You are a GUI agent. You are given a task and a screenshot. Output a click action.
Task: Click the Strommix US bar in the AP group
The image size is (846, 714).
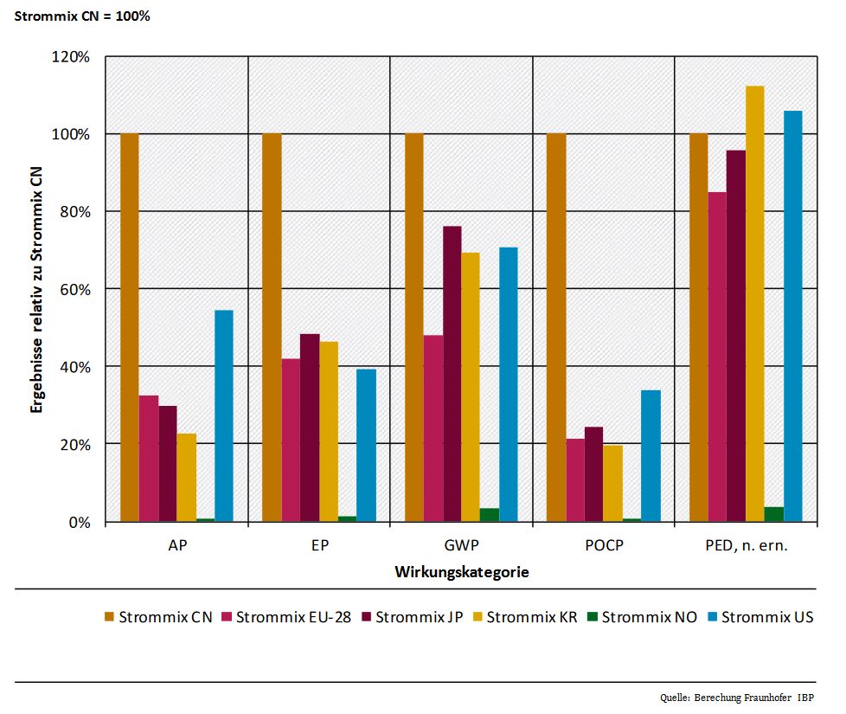click(223, 415)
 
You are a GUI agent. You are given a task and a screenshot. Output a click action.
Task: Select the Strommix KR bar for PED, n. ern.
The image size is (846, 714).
click(755, 304)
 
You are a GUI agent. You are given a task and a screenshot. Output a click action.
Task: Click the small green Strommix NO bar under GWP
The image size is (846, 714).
click(490, 515)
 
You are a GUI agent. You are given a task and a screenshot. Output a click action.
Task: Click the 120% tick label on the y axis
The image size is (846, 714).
click(73, 57)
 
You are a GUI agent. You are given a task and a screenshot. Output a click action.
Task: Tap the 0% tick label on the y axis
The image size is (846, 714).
click(80, 522)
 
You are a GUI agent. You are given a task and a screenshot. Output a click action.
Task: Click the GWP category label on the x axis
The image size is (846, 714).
click(461, 547)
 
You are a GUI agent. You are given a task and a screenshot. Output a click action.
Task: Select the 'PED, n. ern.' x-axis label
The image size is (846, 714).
click(746, 547)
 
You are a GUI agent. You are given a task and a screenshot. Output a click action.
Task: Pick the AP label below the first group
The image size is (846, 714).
click(176, 547)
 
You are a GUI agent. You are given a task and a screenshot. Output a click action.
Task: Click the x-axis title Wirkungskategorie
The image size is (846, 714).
click(462, 572)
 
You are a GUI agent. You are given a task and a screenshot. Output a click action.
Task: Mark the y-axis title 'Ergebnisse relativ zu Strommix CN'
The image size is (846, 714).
click(36, 290)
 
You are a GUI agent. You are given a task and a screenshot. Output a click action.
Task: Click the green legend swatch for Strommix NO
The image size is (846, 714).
click(592, 617)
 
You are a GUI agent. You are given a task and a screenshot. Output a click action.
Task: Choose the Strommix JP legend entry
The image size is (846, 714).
click(412, 617)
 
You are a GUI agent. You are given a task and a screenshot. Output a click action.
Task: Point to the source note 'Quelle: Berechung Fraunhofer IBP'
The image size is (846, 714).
click(736, 697)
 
